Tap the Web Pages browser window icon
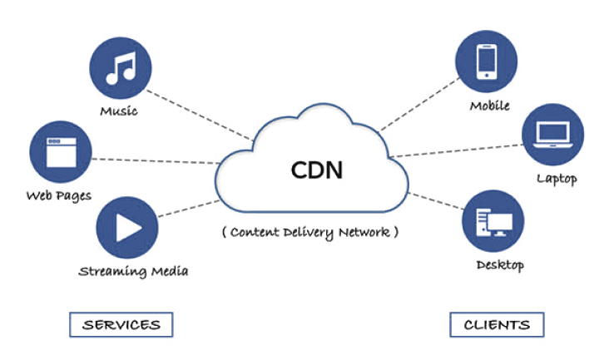click(59, 153)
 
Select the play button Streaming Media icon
click(127, 226)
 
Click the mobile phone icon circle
click(487, 61)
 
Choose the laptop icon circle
click(553, 135)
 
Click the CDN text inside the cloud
click(316, 170)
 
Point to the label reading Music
click(118, 111)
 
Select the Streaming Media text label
click(133, 271)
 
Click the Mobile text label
click(489, 106)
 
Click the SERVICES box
click(121, 324)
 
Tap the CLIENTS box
click(498, 324)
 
